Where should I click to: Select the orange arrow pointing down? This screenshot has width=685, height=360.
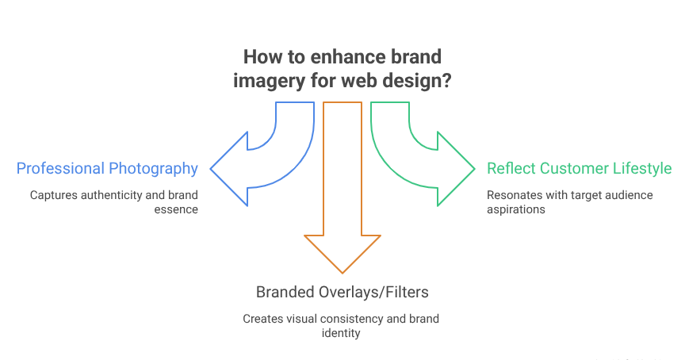[x=342, y=238]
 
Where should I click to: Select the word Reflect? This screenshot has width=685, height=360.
[x=510, y=168]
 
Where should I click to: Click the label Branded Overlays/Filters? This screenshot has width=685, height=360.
[x=342, y=292]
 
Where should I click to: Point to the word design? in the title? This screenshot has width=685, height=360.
[x=423, y=81]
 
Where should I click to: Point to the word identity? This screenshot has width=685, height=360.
[x=342, y=334]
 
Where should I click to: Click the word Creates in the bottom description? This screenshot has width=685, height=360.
[x=260, y=318]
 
